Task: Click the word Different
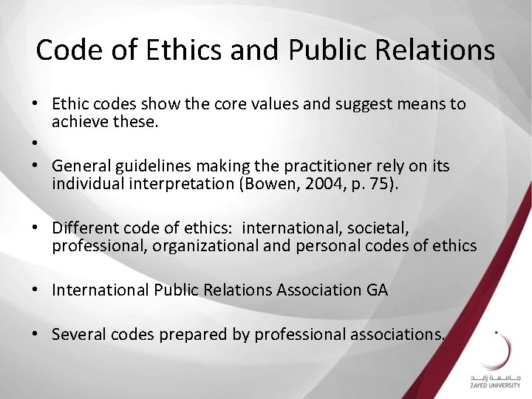tap(86, 227)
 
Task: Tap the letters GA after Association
tap(376, 290)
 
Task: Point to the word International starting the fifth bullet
tap(100, 290)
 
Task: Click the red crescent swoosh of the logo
tap(503, 351)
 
